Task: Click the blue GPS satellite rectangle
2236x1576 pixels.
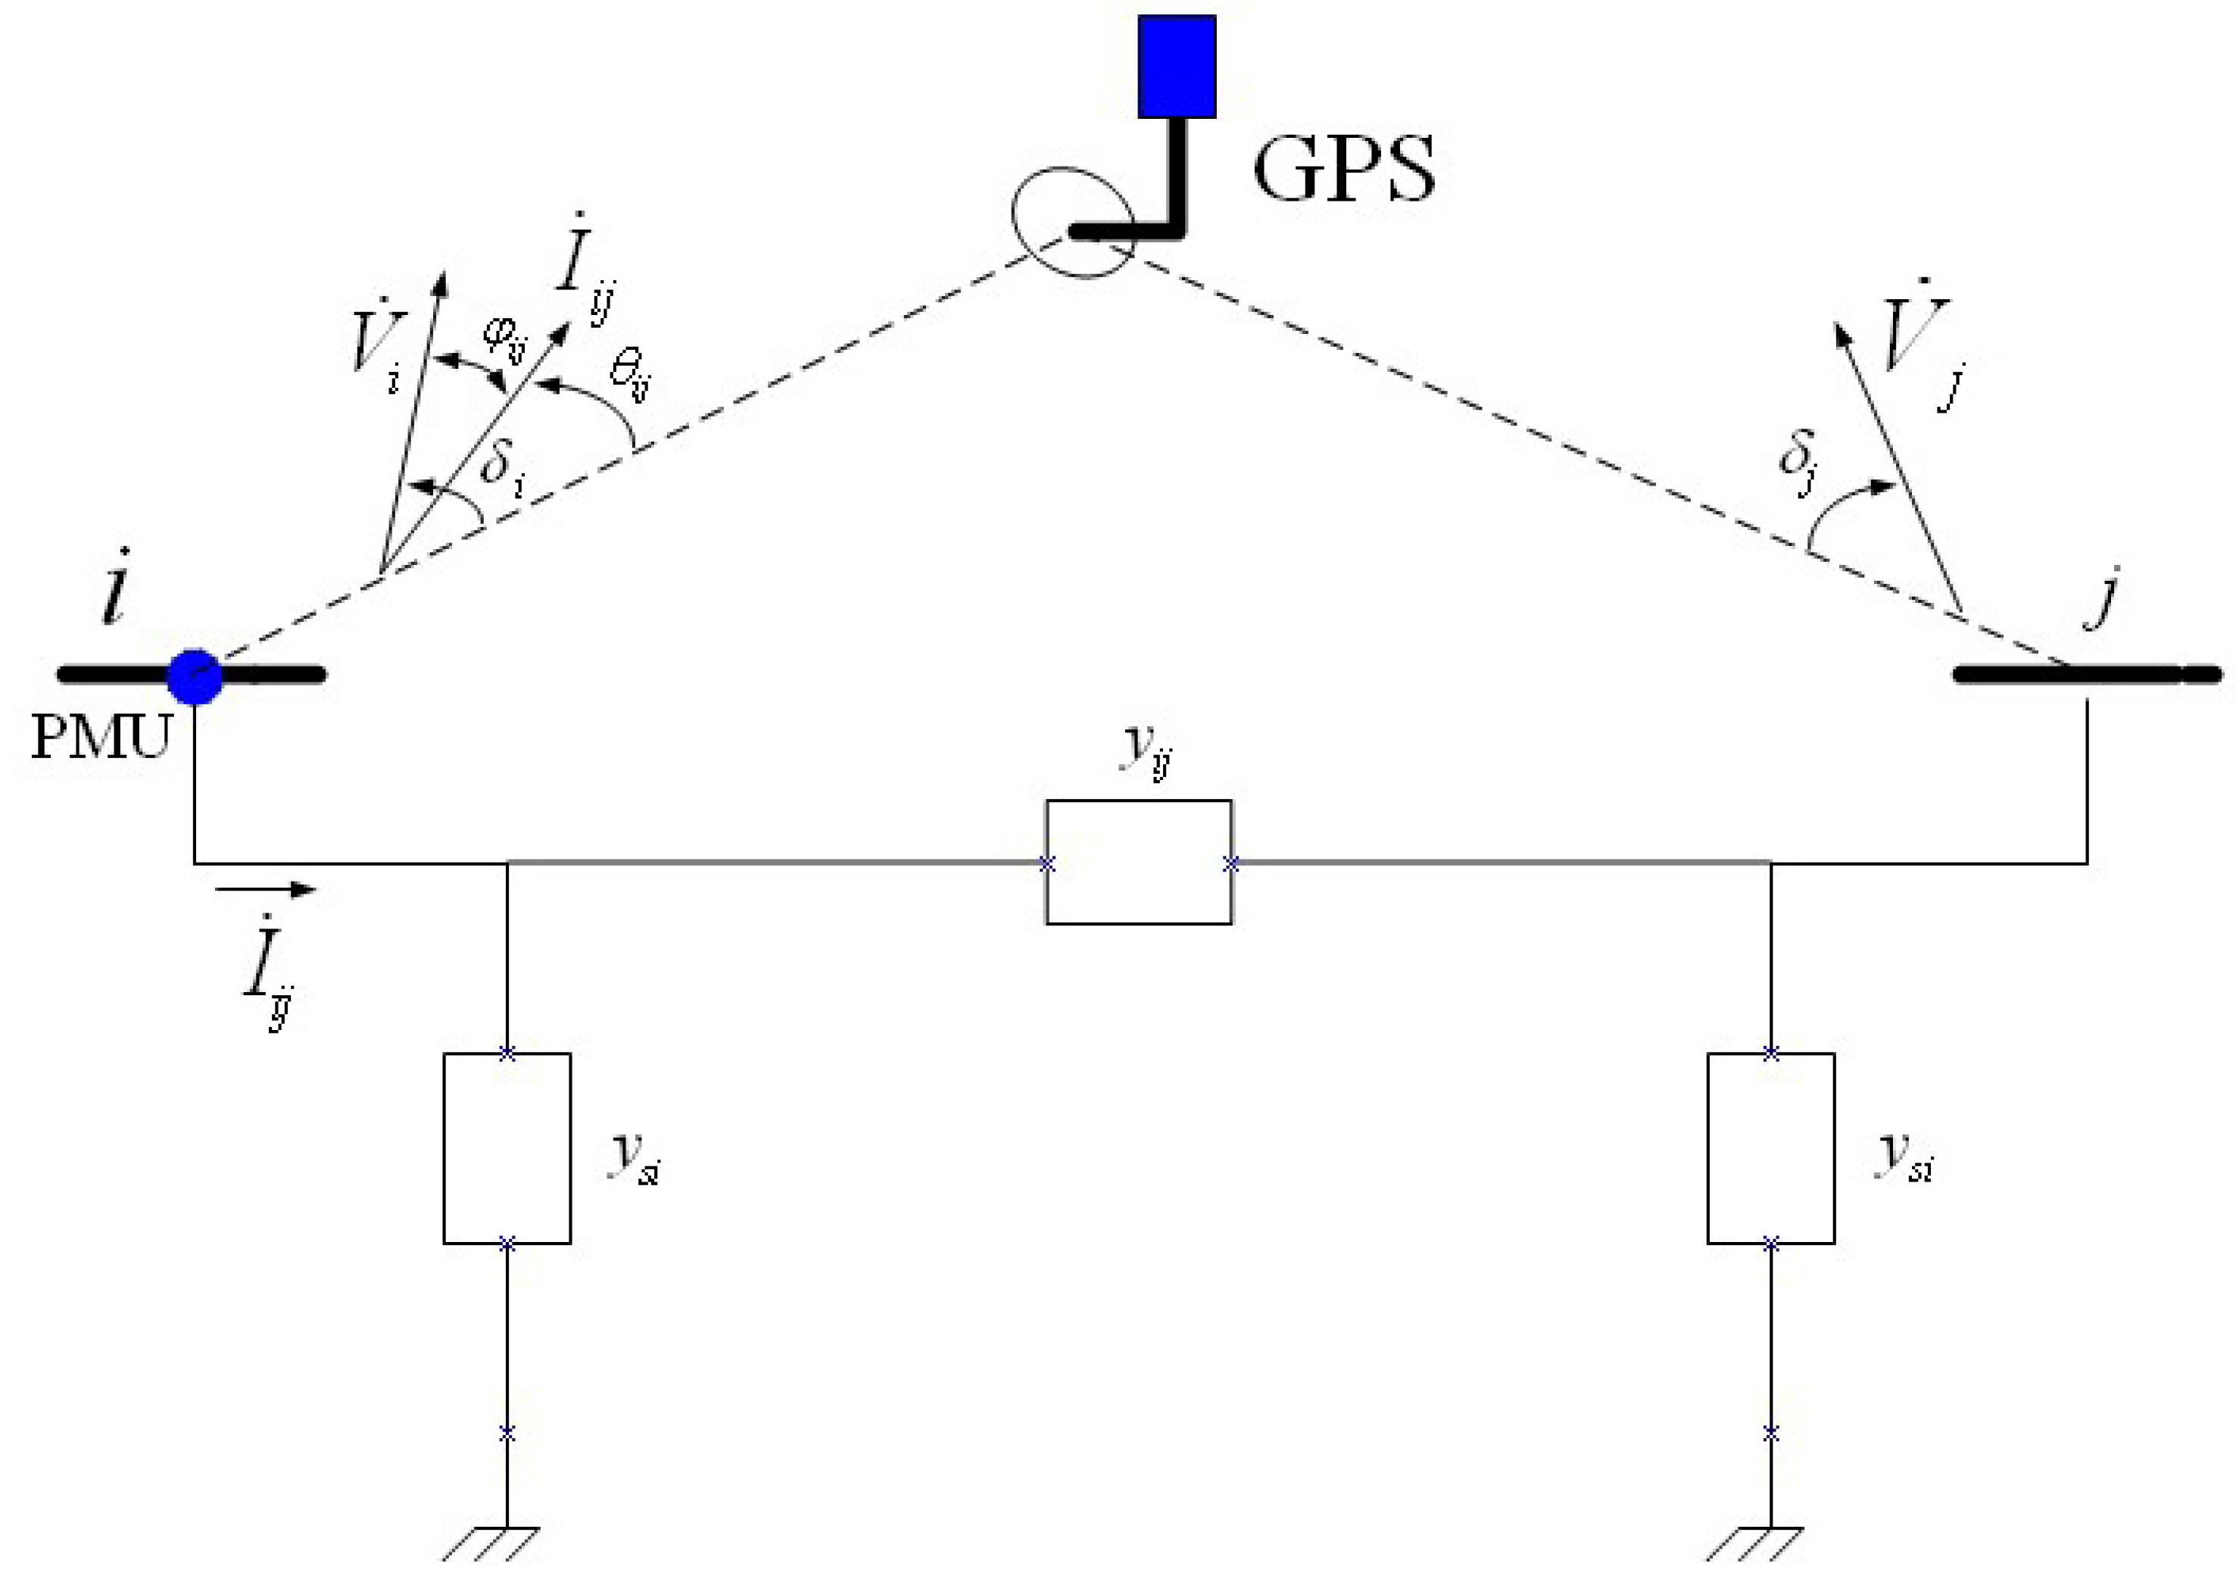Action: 1177,65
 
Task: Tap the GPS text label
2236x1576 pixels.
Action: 1343,169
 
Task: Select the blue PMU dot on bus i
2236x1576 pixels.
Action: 195,677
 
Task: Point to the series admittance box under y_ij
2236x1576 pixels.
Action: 1139,862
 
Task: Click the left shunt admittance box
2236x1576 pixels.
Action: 507,1148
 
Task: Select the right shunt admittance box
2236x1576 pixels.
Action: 1770,1148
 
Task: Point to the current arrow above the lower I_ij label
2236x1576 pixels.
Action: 265,888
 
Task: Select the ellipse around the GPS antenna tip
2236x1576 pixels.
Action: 1072,222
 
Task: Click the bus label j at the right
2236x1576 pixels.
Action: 2103,596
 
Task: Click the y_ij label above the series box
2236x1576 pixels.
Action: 1146,750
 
